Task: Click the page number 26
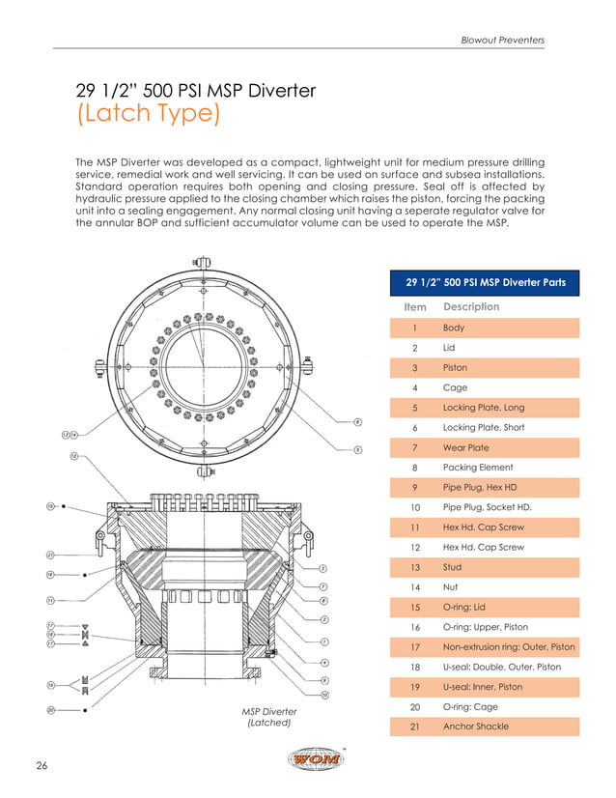coord(42,766)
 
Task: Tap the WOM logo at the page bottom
coord(316,759)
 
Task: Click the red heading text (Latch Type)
coord(148,115)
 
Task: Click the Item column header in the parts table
coord(414,307)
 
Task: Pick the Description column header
coord(471,307)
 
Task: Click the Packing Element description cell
coord(477,468)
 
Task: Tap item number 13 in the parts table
coord(414,567)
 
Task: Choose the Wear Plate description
coord(465,447)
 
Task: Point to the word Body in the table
coord(454,328)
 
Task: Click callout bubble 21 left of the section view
coord(49,555)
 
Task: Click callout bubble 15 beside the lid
coord(49,505)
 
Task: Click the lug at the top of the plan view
coord(202,263)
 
